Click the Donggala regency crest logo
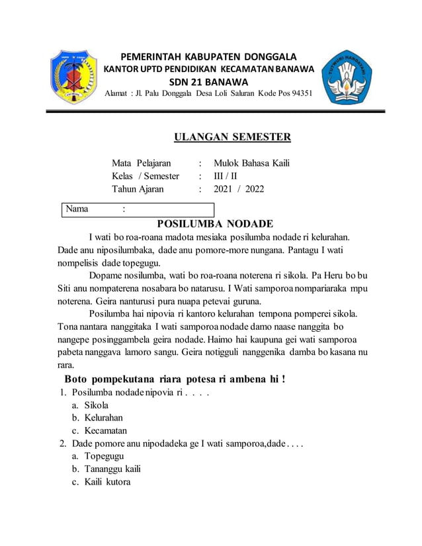(73, 77)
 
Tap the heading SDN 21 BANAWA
(208, 82)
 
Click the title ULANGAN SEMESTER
(232, 137)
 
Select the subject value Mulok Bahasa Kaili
(251, 163)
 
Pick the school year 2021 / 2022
(239, 190)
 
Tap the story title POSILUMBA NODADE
(215, 224)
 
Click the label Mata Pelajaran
(142, 163)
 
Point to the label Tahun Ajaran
(138, 190)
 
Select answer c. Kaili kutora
(106, 482)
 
